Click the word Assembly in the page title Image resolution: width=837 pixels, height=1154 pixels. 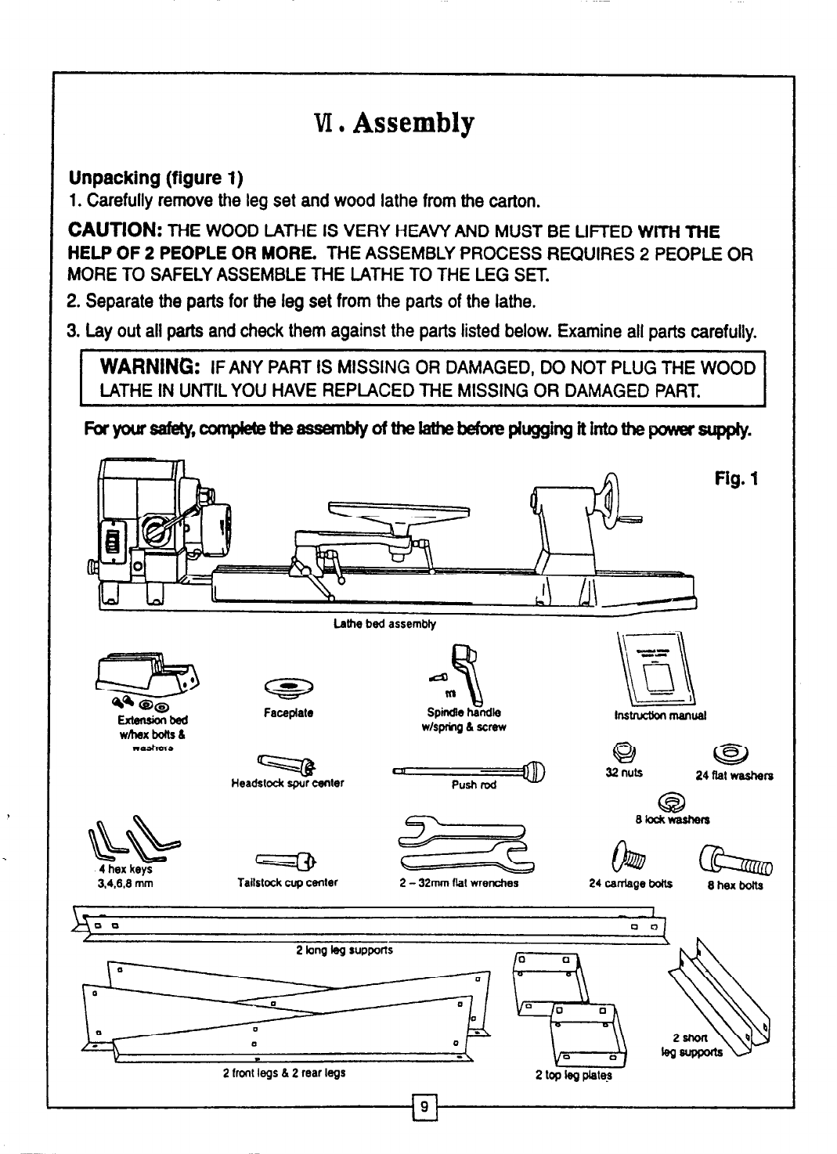click(x=413, y=124)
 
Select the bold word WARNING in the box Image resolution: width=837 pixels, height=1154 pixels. click(x=149, y=369)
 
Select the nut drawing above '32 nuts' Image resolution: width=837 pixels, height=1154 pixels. click(x=623, y=753)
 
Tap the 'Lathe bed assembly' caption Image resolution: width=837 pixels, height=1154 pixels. click(x=384, y=624)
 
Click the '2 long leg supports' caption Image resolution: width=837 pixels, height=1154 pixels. click(x=345, y=950)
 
